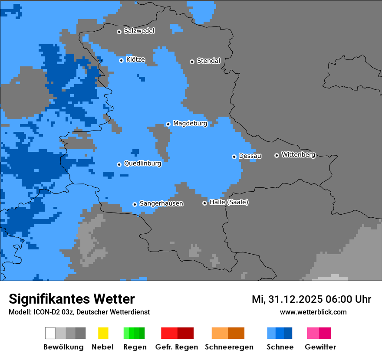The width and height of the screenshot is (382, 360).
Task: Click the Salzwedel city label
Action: pos(139,31)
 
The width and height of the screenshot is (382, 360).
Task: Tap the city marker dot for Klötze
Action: pos(121,60)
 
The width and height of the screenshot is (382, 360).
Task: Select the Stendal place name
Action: pos(208,61)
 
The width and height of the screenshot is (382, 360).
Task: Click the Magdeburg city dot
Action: pos(168,124)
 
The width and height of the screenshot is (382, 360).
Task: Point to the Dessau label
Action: pos(250,156)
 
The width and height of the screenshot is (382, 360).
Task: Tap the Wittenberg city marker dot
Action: pos(277,155)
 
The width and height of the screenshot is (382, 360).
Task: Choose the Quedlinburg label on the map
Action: pos(142,164)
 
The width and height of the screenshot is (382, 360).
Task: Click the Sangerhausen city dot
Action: pos(135,204)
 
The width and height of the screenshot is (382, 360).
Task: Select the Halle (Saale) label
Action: pos(229,202)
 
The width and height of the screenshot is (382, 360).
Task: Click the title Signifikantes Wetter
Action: pos(72,299)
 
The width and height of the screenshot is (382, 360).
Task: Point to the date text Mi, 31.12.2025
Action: pos(286,299)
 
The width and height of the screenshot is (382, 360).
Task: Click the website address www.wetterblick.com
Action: pos(313,312)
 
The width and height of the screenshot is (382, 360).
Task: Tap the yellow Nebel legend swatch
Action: pos(103,333)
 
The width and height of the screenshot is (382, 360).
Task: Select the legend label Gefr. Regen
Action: pos(177,347)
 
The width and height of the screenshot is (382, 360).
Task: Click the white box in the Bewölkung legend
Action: pos(50,333)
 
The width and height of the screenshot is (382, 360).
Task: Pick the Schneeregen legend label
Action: pos(229,347)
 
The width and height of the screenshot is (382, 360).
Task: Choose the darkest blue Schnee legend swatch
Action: pos(288,333)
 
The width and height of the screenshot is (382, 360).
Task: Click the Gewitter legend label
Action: pos(320,347)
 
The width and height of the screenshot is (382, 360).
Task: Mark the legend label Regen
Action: pos(135,347)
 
